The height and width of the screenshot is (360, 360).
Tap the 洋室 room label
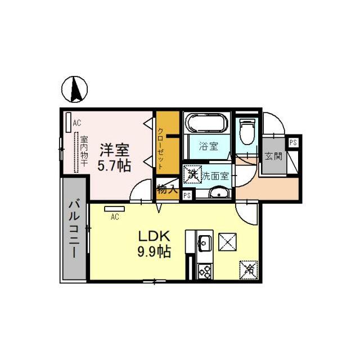115,150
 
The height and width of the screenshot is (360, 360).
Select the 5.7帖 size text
115,166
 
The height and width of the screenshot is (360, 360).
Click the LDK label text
150,235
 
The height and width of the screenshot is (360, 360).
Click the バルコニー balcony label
74,229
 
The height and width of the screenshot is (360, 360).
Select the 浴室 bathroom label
208,147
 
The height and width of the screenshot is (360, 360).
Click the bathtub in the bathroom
206,123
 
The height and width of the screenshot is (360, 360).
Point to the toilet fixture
246,130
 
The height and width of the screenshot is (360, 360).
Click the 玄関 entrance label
274,155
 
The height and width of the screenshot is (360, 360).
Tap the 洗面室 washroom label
215,175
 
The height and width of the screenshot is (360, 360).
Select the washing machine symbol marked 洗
193,174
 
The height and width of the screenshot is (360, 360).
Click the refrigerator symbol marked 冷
247,269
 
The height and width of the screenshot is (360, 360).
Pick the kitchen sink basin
204,244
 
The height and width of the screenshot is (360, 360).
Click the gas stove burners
204,272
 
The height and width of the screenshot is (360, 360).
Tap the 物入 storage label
167,190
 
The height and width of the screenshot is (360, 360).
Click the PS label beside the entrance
293,143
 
